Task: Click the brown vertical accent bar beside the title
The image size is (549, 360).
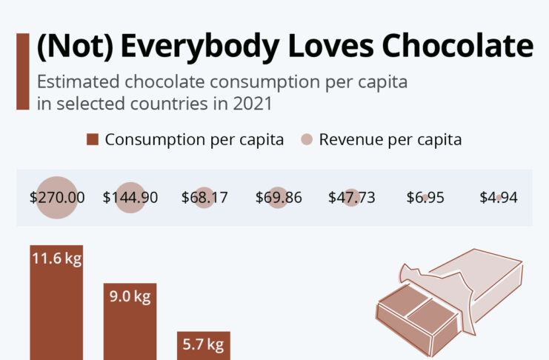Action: tap(22, 71)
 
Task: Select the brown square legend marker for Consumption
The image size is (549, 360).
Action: tap(92, 140)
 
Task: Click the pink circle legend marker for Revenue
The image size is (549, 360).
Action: tap(307, 140)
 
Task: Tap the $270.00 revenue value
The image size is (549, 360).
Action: tap(57, 198)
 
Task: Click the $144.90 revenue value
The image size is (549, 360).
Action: tap(130, 198)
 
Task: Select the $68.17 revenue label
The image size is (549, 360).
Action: tap(204, 198)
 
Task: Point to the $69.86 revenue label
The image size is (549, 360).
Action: tap(278, 198)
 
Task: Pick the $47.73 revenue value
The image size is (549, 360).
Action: tap(351, 198)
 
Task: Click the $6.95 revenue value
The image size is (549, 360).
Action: tap(425, 198)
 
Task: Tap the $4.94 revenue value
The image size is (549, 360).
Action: tap(498, 198)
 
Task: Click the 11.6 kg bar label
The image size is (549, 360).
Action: tap(56, 259)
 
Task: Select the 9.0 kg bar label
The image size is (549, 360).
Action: tap(130, 297)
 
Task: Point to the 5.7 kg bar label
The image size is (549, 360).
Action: tap(203, 344)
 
